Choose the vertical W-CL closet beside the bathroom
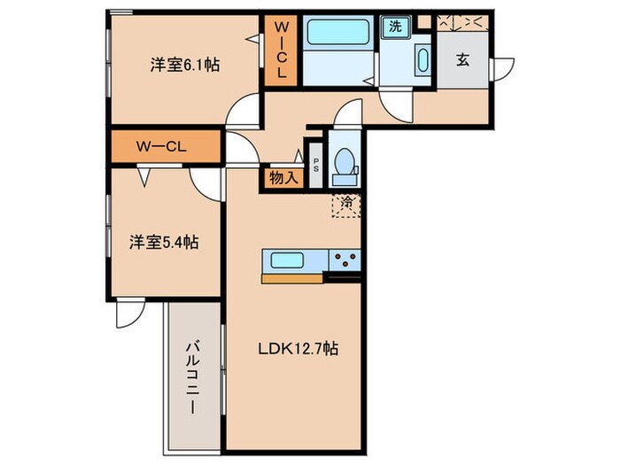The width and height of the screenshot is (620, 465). click(281, 51)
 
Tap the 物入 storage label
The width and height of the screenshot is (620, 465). click(284, 178)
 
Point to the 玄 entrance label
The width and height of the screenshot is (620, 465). click(462, 60)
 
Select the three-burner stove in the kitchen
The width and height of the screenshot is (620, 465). click(345, 260)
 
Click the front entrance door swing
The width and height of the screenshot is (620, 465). click(505, 69)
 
